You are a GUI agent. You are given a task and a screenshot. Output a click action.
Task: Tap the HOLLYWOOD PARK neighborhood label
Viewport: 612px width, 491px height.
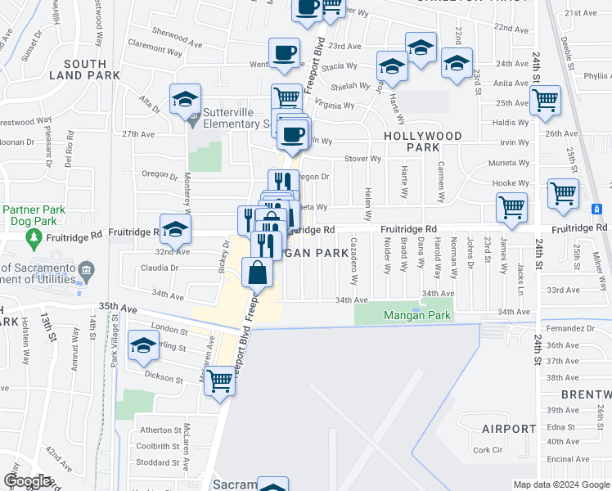click(422, 142)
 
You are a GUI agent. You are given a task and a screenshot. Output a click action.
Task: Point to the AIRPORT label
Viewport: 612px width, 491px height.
click(509, 429)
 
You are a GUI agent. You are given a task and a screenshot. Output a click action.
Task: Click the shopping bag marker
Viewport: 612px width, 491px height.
click(258, 273)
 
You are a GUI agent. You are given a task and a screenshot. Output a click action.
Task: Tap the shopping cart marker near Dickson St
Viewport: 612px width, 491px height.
click(219, 379)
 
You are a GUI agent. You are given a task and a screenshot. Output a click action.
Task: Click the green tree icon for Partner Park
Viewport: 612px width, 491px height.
click(34, 238)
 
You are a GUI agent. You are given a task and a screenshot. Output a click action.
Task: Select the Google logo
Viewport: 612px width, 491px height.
click(27, 480)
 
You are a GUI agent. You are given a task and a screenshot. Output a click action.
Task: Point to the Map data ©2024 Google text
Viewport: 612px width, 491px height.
click(560, 484)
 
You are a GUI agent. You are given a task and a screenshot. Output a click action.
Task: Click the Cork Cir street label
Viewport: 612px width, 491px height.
click(487, 450)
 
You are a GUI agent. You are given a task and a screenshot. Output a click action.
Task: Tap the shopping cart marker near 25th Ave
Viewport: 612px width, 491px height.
click(544, 101)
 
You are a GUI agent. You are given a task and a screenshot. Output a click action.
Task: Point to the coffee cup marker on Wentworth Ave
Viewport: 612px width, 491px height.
click(284, 53)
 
